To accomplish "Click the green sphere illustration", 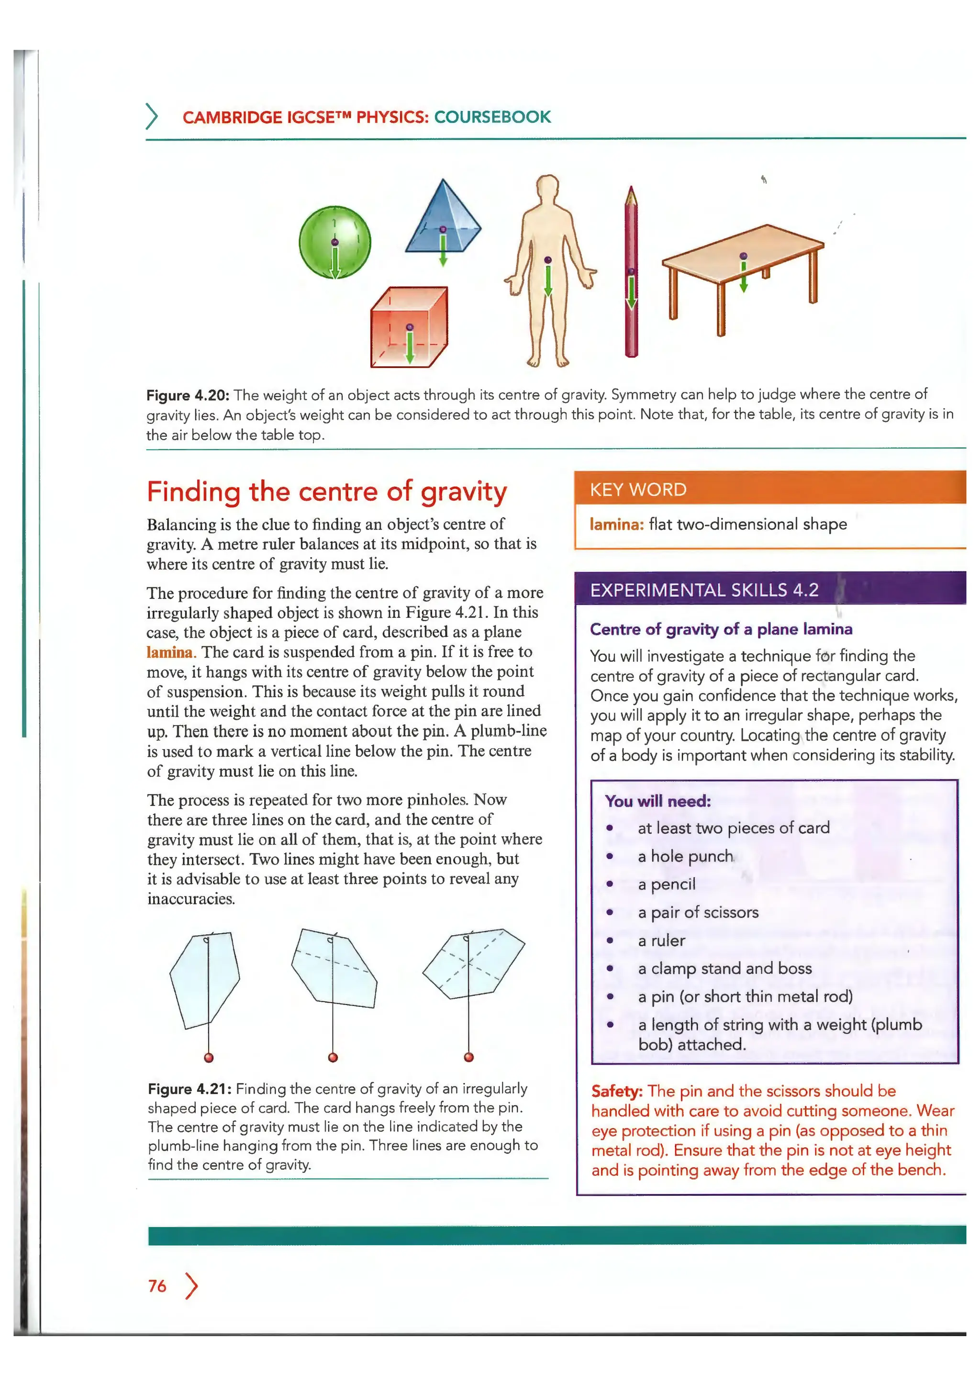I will (335, 242).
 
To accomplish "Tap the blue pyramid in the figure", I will (443, 220).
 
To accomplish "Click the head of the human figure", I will (547, 189).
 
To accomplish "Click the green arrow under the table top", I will (744, 278).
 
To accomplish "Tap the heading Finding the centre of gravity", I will (326, 492).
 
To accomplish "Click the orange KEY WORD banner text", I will (638, 489).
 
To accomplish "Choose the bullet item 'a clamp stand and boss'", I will (724, 968).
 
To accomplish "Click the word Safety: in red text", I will (616, 1091).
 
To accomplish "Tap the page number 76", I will (157, 1286).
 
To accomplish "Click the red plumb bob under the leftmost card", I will (209, 1058).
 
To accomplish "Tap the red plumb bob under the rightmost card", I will (469, 1057).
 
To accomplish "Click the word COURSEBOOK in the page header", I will (492, 117).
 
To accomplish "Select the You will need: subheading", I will (658, 801).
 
